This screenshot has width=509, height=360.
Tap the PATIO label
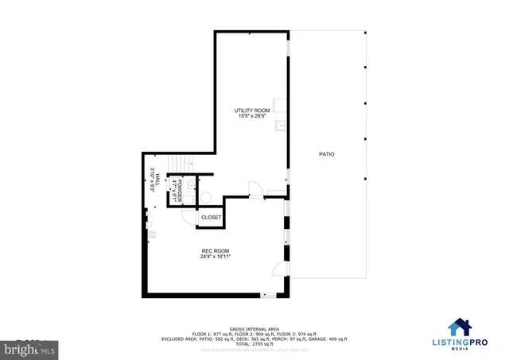(326, 154)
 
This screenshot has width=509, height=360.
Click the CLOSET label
(211, 217)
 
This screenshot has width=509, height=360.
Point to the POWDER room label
(181, 189)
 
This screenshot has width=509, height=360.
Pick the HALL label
(157, 180)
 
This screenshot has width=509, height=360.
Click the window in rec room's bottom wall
(270, 296)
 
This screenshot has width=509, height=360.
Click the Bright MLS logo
(28, 348)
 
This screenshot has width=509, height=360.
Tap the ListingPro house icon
(459, 327)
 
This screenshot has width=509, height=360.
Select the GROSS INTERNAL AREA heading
(254, 327)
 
